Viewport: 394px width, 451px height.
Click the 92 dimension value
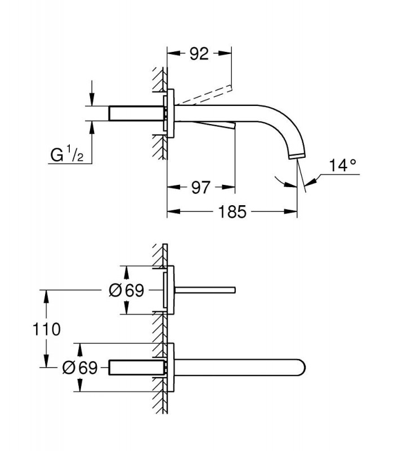[x=199, y=54]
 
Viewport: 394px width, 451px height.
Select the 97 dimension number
[x=201, y=188]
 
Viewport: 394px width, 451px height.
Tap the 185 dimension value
[x=232, y=212]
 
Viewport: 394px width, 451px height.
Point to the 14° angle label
[x=342, y=165]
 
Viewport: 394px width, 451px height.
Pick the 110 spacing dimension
[x=47, y=329]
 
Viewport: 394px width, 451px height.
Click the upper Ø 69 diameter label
[x=126, y=290]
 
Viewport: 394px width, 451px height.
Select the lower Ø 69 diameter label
[x=80, y=368]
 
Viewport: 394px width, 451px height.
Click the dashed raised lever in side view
[x=204, y=94]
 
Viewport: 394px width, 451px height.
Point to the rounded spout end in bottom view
[x=302, y=368]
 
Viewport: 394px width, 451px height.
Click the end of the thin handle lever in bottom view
[x=234, y=290]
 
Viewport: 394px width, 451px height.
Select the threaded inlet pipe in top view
[x=137, y=113]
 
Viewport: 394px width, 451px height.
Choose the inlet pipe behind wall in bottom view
[x=137, y=368]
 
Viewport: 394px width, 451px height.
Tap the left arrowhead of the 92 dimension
[x=173, y=53]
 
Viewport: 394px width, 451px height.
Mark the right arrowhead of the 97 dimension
[x=229, y=187]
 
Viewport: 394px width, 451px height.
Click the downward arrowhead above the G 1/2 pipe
[x=92, y=99]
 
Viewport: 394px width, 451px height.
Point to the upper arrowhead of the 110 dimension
[x=46, y=297]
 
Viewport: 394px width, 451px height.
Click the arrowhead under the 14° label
[x=311, y=182]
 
